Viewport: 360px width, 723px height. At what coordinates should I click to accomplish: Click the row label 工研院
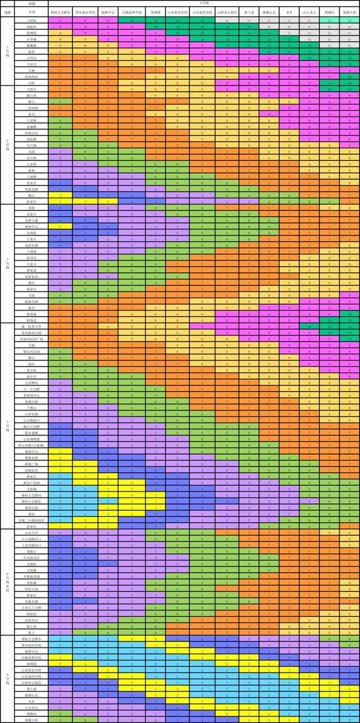32,20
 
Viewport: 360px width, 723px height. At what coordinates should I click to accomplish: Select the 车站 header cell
32,11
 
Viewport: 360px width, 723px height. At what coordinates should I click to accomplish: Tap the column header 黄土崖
248,11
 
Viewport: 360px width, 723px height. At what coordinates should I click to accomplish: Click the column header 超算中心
108,11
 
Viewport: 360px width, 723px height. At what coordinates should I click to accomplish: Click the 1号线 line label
7,51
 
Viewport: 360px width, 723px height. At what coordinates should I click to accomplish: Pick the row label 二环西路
32,107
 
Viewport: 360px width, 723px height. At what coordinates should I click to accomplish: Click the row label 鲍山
32,195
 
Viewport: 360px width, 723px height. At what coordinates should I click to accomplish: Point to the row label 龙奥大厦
32,220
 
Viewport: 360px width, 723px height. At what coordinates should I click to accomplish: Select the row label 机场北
32,320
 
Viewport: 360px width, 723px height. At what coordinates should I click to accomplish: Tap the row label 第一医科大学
32,326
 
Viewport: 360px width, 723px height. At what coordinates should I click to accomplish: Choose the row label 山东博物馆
32,438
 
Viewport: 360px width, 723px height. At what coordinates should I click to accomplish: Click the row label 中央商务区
32,558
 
